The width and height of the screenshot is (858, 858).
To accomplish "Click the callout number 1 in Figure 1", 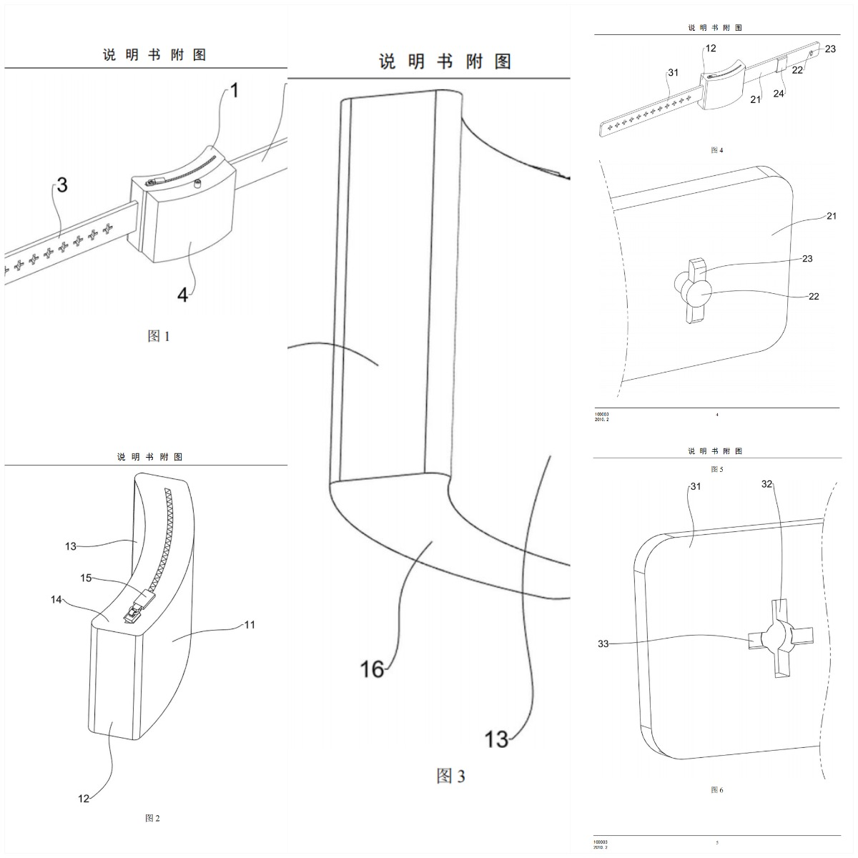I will [235, 91].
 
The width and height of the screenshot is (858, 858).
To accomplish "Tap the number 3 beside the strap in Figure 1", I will [62, 185].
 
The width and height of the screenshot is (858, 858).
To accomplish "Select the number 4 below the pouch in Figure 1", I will [183, 294].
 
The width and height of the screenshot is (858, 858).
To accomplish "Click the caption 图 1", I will [158, 336].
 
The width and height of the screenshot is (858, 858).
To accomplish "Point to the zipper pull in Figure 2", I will [134, 611].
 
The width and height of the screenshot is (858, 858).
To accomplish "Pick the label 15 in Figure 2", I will [86, 578].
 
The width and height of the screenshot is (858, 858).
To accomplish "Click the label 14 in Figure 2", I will [56, 600].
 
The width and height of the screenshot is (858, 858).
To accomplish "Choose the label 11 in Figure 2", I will [250, 625].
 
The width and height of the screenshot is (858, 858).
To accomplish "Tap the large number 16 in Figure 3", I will [373, 669].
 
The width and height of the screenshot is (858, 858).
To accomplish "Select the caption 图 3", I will [450, 776].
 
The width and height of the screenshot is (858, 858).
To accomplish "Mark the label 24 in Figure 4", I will [779, 93].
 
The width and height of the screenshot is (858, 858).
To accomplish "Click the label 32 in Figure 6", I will [767, 484].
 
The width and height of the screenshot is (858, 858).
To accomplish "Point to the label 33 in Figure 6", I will [603, 643].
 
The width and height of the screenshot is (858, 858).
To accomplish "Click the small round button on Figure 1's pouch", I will [197, 184].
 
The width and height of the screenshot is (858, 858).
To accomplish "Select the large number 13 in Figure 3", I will [496, 739].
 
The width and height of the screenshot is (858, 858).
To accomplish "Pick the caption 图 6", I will [717, 790].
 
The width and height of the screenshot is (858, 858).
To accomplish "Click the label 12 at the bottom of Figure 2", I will [84, 798].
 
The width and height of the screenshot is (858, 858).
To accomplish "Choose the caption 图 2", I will [152, 818].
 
